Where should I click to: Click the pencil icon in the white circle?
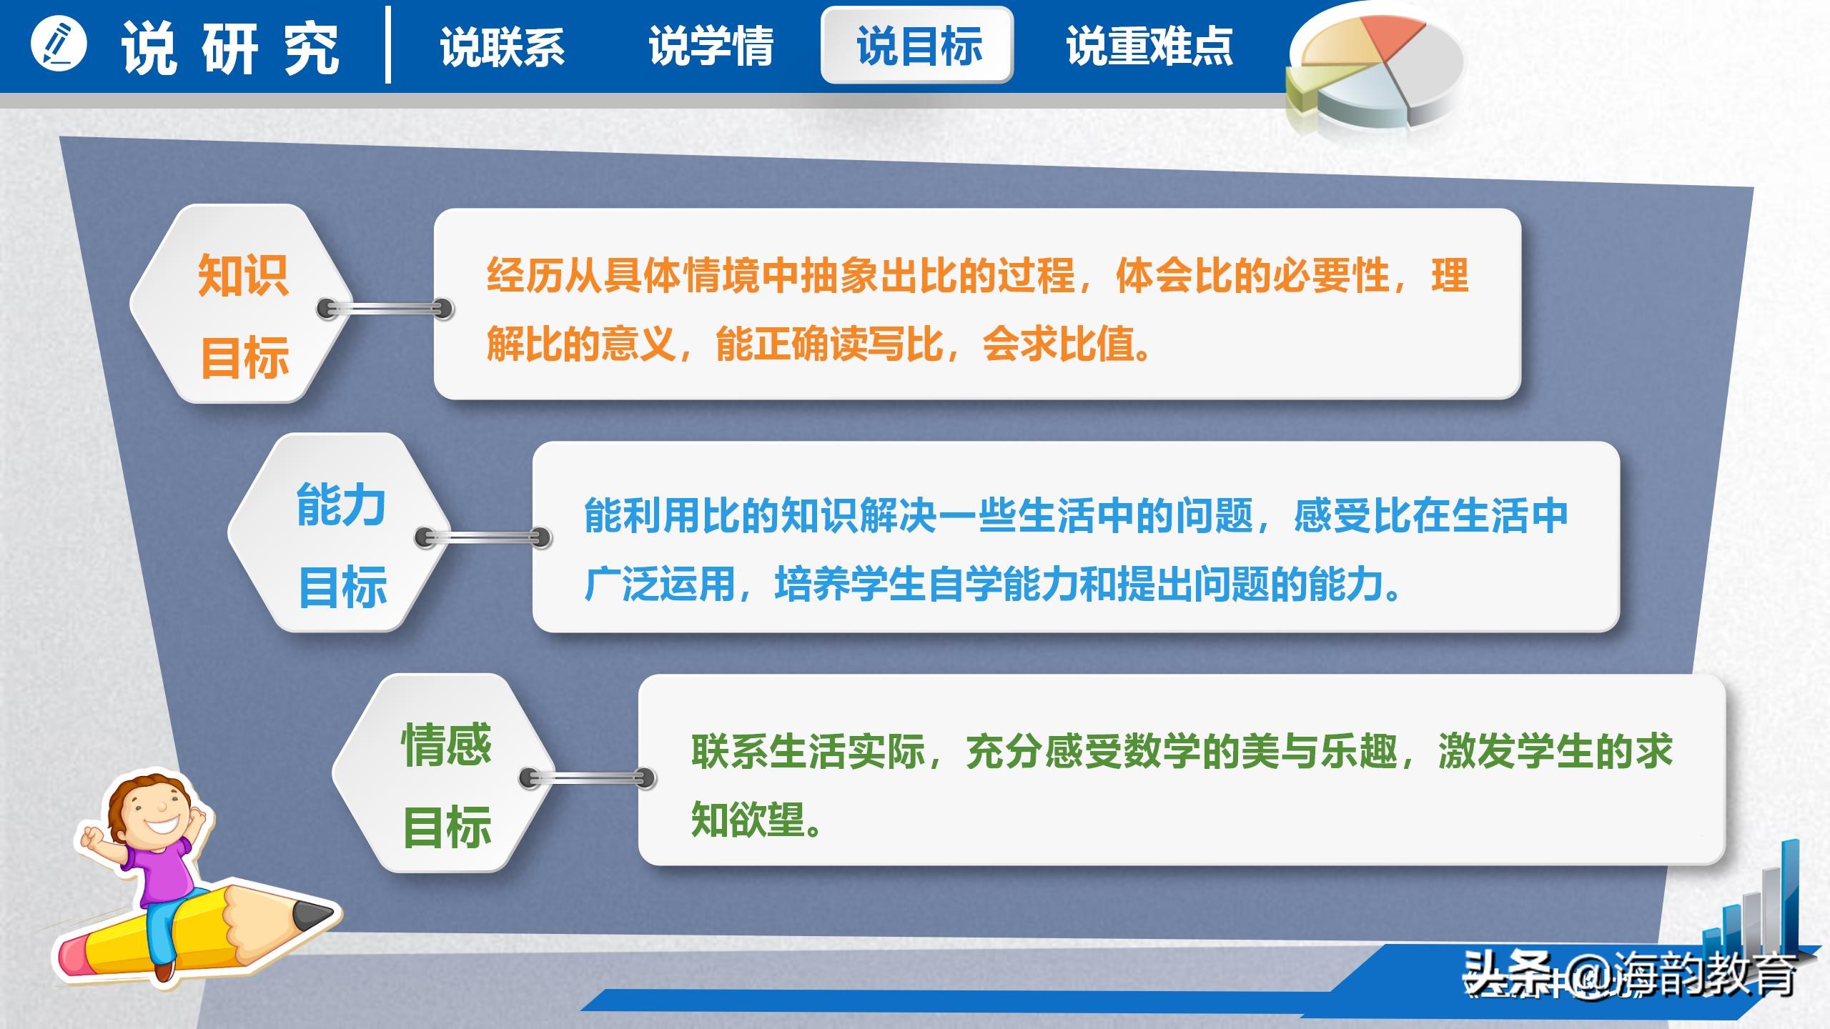coord(59,44)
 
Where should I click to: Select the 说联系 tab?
coord(502,47)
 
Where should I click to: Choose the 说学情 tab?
coord(711,47)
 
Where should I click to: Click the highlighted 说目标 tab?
coord(918,46)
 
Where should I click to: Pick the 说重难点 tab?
coord(1149,47)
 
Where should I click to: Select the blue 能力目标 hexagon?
coord(341,533)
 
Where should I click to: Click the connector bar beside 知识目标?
coord(385,309)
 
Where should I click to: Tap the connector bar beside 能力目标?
coord(483,537)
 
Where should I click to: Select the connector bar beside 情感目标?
coord(588,777)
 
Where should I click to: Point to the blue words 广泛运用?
coord(660,584)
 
